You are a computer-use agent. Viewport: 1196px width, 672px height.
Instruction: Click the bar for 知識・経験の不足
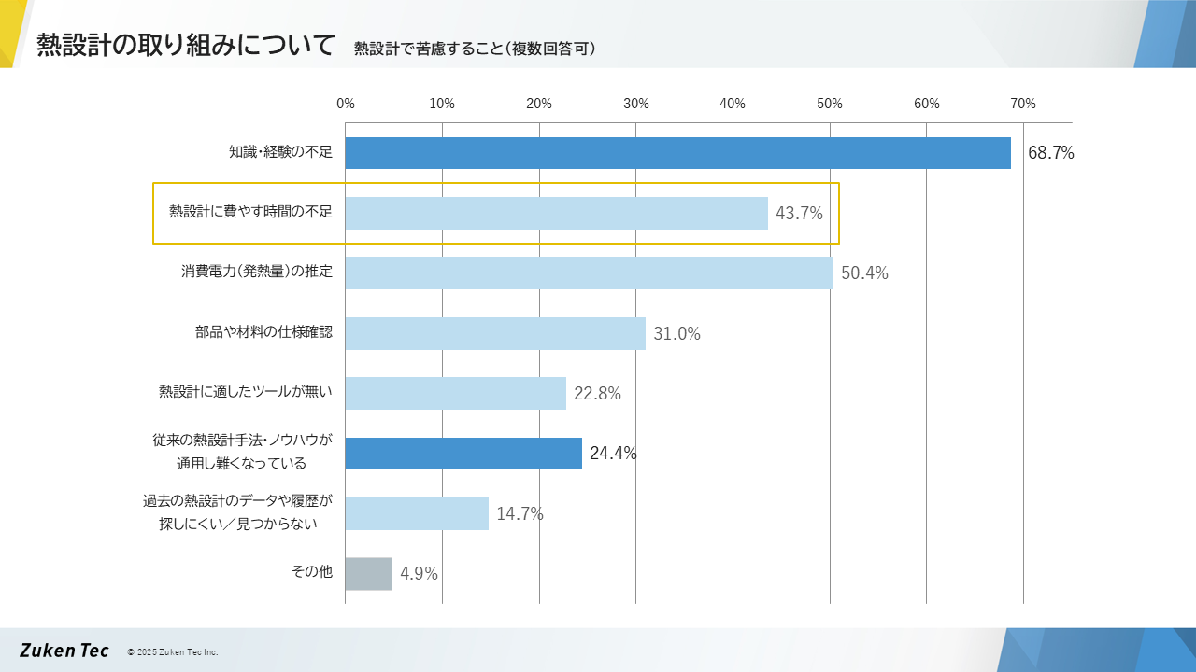pyautogui.click(x=677, y=153)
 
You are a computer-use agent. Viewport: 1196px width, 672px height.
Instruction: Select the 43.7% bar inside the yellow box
pyautogui.click(x=556, y=213)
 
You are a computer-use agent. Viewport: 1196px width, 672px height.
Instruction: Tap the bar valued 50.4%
pyautogui.click(x=589, y=273)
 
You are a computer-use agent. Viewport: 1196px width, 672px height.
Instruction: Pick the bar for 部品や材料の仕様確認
pyautogui.click(x=495, y=333)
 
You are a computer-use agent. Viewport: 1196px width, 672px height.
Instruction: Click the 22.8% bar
pyautogui.click(x=455, y=393)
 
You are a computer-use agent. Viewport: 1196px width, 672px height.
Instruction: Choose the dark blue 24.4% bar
pyautogui.click(x=463, y=454)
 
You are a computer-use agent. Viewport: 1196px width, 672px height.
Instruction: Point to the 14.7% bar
pyautogui.click(x=417, y=513)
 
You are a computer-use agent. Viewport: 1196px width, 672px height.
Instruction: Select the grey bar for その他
pyautogui.click(x=368, y=574)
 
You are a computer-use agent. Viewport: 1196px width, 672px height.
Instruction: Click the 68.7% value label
pyautogui.click(x=1050, y=153)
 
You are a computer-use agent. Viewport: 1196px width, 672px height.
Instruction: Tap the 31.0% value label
pyautogui.click(x=676, y=334)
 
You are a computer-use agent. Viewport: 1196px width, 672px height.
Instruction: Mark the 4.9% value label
pyautogui.click(x=419, y=574)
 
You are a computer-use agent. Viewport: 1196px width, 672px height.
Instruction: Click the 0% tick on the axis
pyautogui.click(x=346, y=104)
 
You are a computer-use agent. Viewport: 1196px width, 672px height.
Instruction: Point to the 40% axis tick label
pyautogui.click(x=733, y=104)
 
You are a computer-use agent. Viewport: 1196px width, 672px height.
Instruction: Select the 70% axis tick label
pyautogui.click(x=1022, y=104)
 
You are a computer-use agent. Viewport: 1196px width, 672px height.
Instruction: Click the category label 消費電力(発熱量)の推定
pyautogui.click(x=257, y=273)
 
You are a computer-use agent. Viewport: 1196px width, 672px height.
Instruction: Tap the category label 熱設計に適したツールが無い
pyautogui.click(x=246, y=392)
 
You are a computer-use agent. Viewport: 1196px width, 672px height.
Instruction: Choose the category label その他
pyautogui.click(x=312, y=572)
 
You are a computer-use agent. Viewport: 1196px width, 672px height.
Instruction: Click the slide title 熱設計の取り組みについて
pyautogui.click(x=186, y=45)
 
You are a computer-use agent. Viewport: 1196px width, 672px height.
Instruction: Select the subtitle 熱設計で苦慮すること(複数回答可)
pyautogui.click(x=475, y=49)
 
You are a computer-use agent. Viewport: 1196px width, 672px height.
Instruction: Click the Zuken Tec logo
pyautogui.click(x=64, y=651)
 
